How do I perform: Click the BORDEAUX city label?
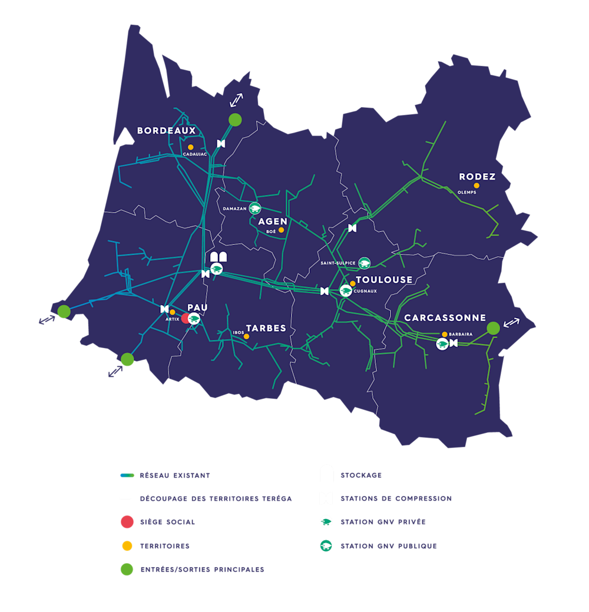tap(166, 131)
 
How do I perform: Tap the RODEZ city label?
tap(477, 177)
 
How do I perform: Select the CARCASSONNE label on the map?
tap(445, 317)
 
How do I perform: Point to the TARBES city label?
tap(266, 328)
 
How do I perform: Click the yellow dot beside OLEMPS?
tap(477, 186)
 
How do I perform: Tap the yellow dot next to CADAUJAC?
tap(190, 147)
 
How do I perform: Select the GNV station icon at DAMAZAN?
tap(255, 209)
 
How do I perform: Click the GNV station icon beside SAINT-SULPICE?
tap(365, 263)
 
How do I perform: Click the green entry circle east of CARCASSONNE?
tap(494, 328)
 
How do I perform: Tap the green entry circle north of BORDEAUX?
tap(235, 120)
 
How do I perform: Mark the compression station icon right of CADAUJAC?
tap(221, 144)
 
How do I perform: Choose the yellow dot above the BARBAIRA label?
tap(445, 335)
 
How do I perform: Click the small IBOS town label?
tap(238, 332)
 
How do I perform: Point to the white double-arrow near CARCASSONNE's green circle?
tap(512, 322)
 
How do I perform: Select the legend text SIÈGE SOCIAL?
tap(167, 522)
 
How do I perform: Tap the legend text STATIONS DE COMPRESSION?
tap(396, 498)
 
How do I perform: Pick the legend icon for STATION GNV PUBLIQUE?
tap(326, 546)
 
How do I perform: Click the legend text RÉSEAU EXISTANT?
tap(174, 475)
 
